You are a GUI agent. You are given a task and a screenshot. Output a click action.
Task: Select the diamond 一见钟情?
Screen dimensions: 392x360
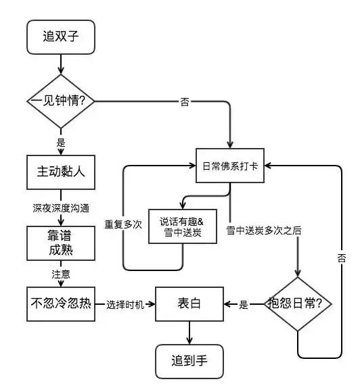pos(61,101)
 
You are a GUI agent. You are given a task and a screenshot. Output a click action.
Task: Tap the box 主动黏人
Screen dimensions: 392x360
pos(61,173)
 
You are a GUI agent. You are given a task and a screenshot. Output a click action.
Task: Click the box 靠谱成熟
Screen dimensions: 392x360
pos(61,241)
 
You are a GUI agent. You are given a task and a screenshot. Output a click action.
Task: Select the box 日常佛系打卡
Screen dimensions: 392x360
pos(231,166)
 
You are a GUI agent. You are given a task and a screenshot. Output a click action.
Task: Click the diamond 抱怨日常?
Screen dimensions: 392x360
pos(298,304)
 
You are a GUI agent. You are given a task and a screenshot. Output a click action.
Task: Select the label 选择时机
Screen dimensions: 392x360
pos(126,305)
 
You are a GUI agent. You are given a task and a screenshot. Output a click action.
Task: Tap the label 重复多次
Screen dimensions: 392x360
pos(123,224)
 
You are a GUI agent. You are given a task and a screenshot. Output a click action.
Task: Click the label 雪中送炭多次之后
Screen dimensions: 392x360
pos(265,230)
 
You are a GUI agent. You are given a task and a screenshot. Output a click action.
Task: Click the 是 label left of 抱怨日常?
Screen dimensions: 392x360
pos(244,305)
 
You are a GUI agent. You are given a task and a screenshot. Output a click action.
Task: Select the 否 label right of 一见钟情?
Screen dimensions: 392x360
pos(185,102)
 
